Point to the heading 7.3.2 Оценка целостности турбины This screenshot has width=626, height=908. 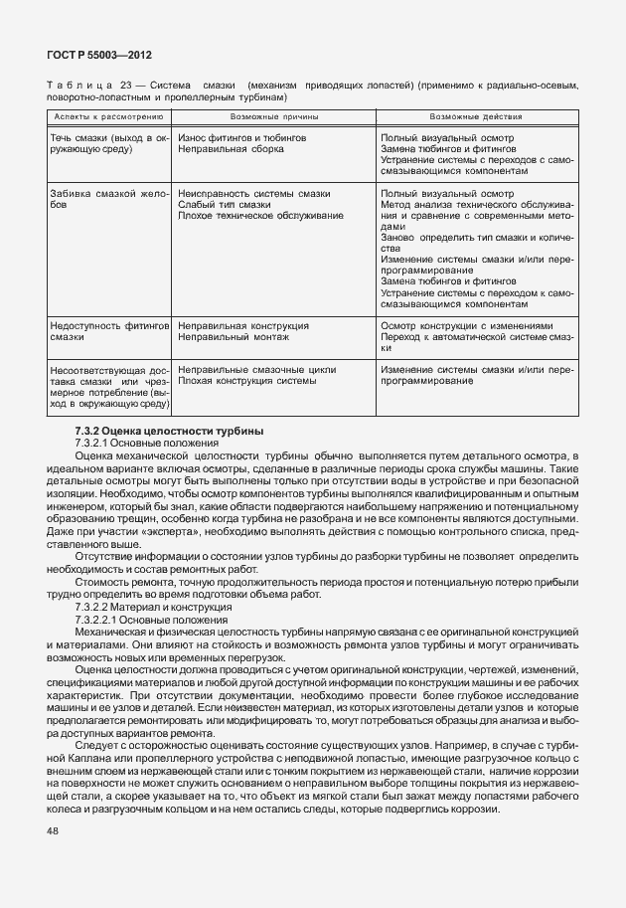click(169, 431)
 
